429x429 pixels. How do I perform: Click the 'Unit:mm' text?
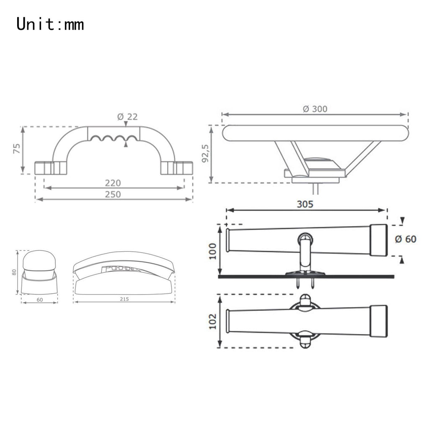tap(50, 24)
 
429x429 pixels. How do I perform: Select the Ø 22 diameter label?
tap(127, 117)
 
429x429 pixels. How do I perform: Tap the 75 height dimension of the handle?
tap(17, 148)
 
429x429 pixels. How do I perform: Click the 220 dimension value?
tap(113, 183)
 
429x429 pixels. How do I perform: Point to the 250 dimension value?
tap(113, 194)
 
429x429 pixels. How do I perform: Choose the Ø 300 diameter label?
tap(315, 109)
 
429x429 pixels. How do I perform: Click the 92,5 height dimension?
tap(205, 153)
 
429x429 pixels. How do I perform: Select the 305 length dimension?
tap(305, 204)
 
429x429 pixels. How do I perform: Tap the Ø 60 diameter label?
tap(406, 239)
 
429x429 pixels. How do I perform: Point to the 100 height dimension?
tap(212, 251)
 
